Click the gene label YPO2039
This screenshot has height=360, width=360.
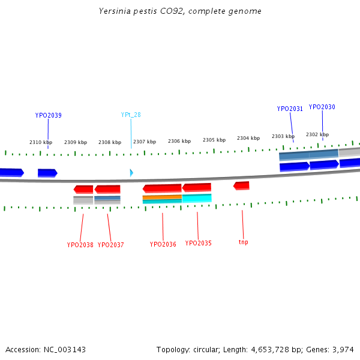coord(48,115)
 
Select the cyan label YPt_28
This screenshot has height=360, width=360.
coord(131,115)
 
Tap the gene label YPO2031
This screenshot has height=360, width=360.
coord(290,109)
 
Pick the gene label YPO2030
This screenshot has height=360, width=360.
coord(322,107)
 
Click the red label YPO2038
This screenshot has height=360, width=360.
coord(80,245)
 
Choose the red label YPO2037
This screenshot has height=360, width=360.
coord(111,245)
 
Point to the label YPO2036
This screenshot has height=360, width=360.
coord(163,244)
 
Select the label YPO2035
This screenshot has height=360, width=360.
coord(198,243)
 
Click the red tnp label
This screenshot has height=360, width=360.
coord(243,242)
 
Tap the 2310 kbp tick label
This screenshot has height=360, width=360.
coord(41,142)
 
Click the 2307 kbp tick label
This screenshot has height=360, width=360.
coord(145,142)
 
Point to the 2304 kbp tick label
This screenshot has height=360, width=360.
coord(248,138)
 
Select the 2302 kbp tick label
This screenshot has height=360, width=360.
coord(317,134)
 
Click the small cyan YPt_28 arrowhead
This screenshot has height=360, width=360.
coord(131,173)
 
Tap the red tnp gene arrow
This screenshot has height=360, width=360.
coord(241,185)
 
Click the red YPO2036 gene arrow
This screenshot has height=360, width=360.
coord(162,188)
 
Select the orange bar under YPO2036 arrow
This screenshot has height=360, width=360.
coord(162,197)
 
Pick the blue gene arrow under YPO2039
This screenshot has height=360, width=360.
coord(47,173)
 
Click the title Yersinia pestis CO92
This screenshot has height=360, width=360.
coord(180,11)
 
